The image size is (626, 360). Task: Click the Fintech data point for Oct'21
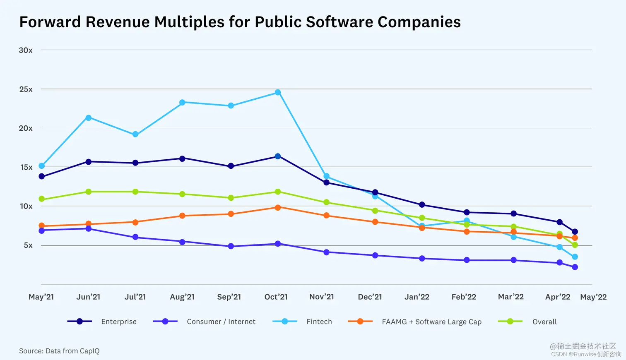(x=278, y=92)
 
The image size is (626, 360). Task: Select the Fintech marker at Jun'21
(x=88, y=118)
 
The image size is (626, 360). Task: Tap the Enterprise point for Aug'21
(x=182, y=158)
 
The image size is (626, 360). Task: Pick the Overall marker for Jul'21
(x=135, y=192)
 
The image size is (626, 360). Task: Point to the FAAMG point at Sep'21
(x=231, y=214)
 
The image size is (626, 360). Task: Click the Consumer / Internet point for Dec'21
(x=375, y=255)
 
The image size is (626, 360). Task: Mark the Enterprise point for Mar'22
(x=514, y=214)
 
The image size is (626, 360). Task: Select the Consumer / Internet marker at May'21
(x=41, y=230)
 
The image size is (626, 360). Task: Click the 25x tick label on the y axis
(x=26, y=89)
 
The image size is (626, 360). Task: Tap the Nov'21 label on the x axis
(x=322, y=297)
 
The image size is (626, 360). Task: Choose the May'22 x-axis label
(x=593, y=297)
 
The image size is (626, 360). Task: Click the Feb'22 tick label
(x=464, y=297)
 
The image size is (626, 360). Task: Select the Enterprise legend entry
(x=119, y=322)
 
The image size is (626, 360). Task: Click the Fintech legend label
(x=319, y=322)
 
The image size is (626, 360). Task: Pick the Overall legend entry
(x=544, y=322)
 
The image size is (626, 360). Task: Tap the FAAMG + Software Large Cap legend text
(x=431, y=322)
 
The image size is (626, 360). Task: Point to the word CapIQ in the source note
(x=89, y=351)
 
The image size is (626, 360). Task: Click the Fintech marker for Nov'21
(x=326, y=176)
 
